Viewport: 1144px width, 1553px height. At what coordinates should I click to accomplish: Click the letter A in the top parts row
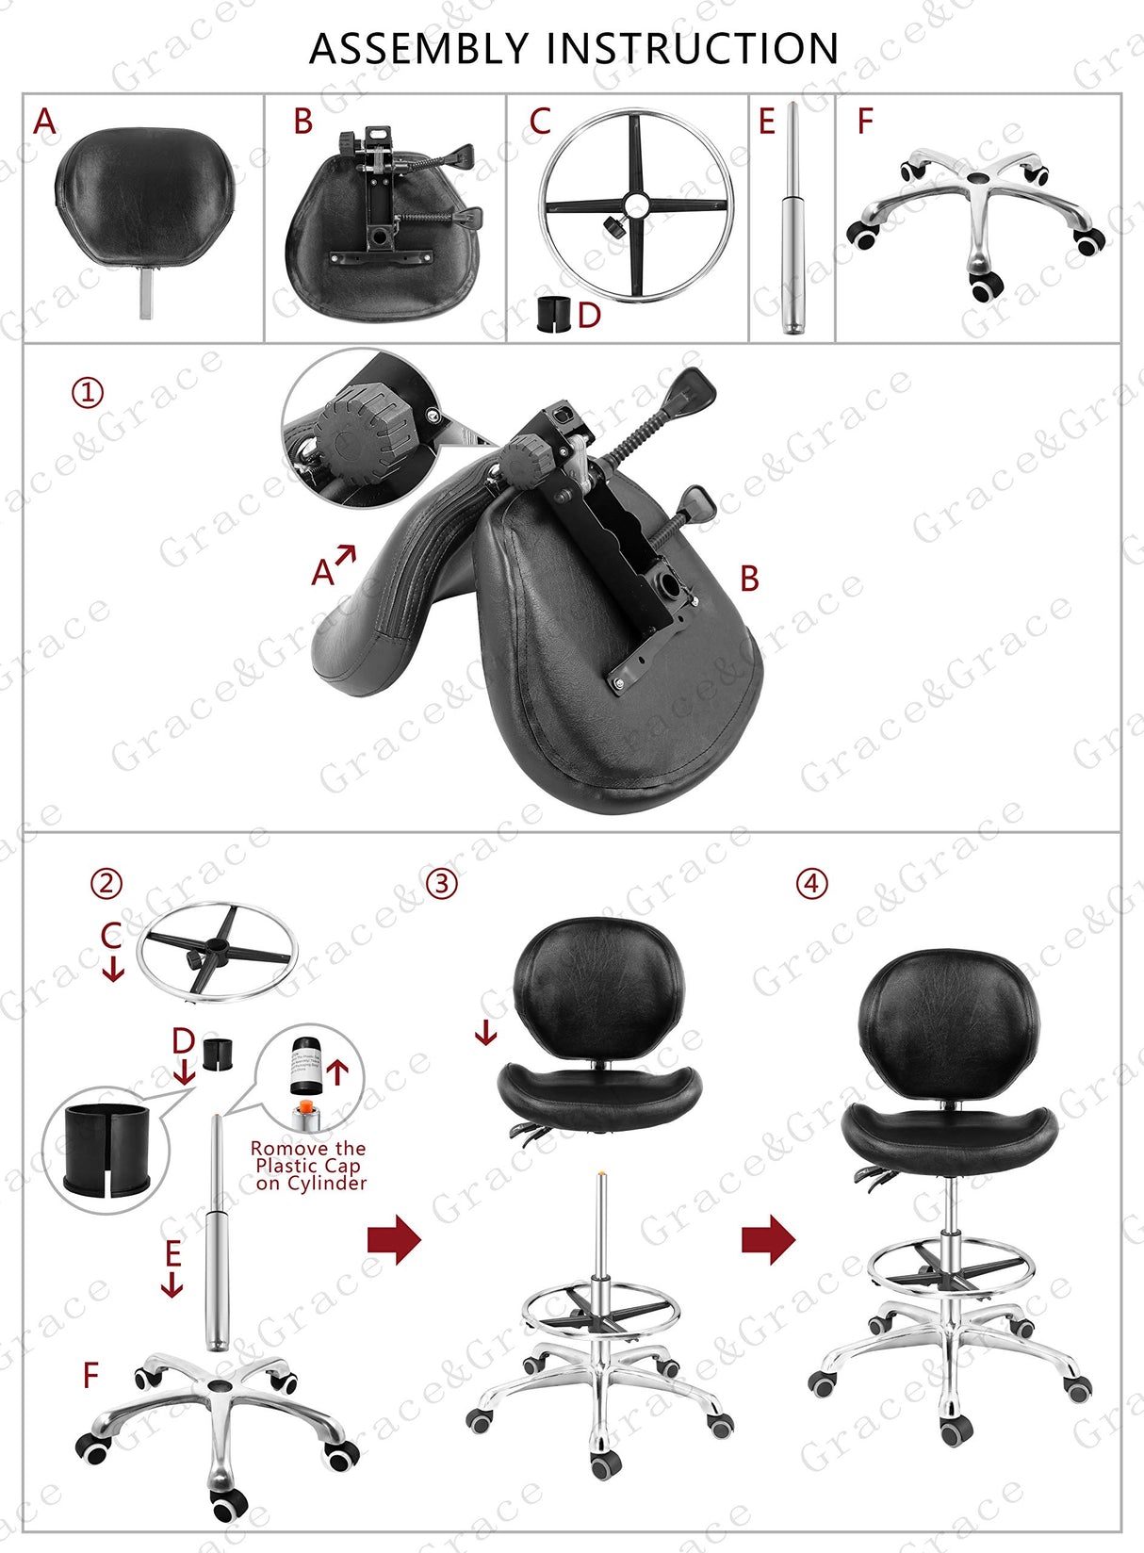tap(44, 122)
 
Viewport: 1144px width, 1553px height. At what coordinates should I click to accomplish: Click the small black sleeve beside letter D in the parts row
tap(554, 314)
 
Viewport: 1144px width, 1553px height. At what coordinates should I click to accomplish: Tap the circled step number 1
tap(88, 392)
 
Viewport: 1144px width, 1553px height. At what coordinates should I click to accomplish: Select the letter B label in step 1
tap(749, 579)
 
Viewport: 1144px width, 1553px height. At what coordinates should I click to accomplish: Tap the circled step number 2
tap(106, 884)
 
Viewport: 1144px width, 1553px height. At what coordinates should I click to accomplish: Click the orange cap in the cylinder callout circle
tap(303, 1108)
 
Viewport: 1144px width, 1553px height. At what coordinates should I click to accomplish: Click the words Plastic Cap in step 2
tap(308, 1166)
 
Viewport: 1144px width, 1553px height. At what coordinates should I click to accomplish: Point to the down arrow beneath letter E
tap(172, 1284)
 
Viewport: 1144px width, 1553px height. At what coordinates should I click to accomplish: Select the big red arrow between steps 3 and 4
tap(768, 1239)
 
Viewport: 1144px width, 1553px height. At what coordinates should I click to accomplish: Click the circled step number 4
tap(812, 884)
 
